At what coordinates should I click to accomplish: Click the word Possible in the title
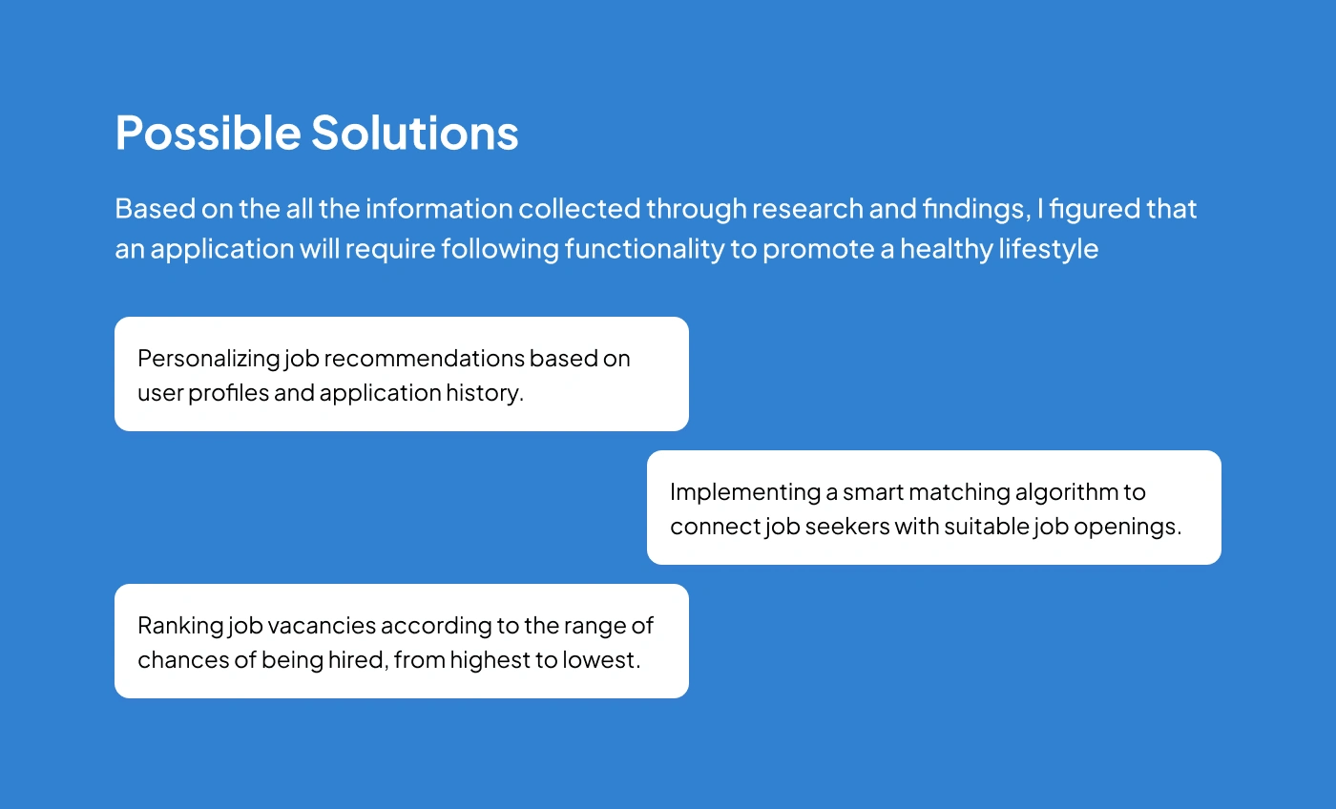(208, 133)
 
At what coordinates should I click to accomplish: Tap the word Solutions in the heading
(415, 133)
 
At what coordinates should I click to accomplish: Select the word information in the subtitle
(439, 209)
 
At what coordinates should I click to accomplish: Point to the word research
(807, 209)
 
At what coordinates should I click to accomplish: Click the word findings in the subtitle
(976, 210)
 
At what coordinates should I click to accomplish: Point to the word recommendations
(424, 359)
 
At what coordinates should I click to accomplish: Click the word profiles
(228, 393)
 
